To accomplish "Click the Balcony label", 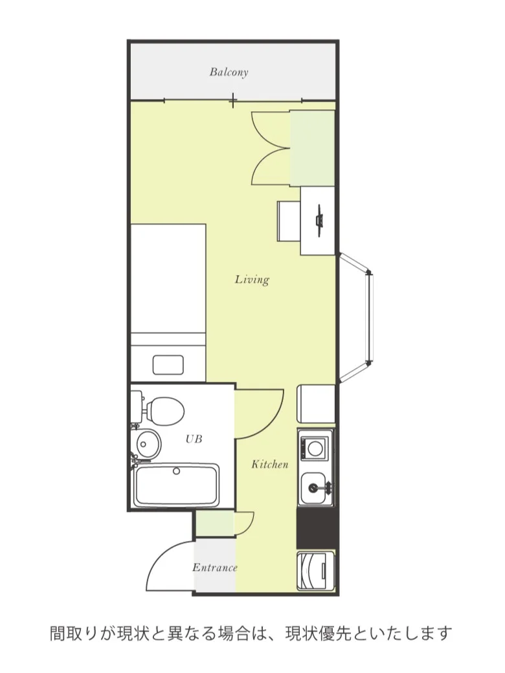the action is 229,72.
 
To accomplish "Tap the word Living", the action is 252,280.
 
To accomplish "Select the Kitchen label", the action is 270,464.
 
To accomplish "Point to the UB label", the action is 194,439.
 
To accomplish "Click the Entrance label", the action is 215,568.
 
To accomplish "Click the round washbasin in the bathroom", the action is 148,443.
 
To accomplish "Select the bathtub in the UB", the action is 177,485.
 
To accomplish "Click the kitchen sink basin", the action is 316,489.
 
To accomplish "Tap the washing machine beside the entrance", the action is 316,571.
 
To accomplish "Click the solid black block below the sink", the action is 317,528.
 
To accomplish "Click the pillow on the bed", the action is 168,365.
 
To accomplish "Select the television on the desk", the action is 319,221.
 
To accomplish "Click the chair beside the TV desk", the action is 289,221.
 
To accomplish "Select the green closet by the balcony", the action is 313,148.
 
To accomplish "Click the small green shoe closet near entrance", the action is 216,524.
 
